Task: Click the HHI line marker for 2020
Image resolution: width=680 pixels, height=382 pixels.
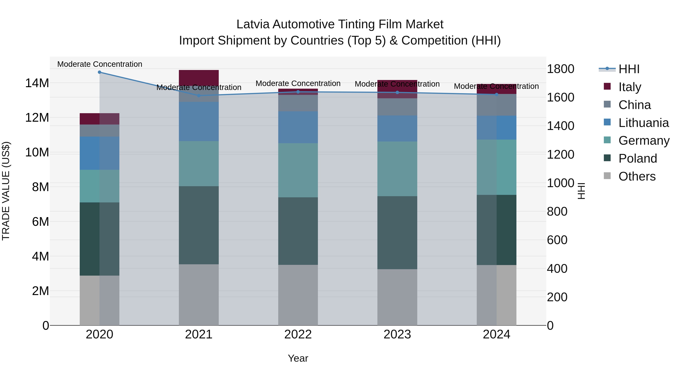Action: [100, 72]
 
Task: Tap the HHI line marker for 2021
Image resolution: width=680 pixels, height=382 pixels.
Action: [199, 95]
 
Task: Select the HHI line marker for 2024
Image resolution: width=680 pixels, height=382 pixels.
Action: [497, 94]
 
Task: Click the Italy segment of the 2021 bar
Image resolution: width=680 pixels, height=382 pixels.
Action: [199, 78]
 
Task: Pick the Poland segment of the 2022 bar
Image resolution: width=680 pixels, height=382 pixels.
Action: [298, 231]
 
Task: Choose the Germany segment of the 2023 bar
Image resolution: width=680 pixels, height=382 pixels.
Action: [397, 169]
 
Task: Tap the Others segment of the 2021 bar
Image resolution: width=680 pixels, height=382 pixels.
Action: [199, 295]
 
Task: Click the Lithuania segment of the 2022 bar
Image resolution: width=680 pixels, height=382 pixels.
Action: [298, 127]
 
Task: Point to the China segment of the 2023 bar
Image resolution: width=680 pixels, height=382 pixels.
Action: [397, 107]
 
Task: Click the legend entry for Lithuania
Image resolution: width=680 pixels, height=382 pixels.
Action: [643, 123]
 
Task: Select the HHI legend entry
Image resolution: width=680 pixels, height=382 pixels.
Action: [629, 69]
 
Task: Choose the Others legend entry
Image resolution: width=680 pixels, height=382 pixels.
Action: [637, 176]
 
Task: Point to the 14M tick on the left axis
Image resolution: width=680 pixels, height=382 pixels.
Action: [37, 83]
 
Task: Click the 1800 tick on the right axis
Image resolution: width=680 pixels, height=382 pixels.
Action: [560, 69]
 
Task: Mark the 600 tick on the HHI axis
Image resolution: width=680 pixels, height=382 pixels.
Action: [557, 240]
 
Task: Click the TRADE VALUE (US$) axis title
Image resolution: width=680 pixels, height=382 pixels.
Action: [6, 191]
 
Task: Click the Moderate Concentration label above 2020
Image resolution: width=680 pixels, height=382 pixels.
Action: [100, 64]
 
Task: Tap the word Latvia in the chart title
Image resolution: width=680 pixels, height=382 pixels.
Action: [253, 24]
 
